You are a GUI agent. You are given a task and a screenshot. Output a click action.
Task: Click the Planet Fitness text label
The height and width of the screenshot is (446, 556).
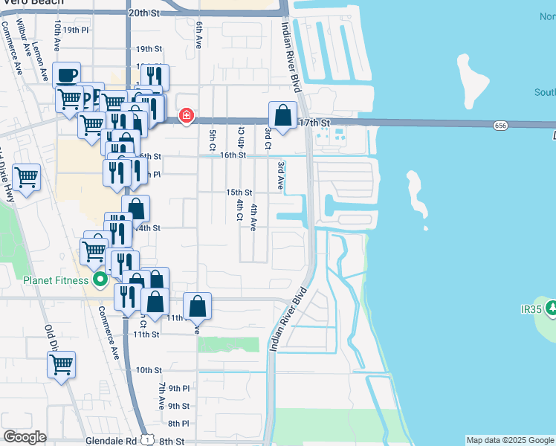[x=55, y=280]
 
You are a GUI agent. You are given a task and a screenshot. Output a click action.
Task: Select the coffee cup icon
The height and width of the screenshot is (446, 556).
[x=67, y=75]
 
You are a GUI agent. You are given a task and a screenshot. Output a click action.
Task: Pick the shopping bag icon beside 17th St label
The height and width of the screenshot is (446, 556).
[x=282, y=115]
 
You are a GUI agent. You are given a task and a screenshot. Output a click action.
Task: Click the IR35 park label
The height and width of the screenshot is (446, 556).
[x=532, y=307]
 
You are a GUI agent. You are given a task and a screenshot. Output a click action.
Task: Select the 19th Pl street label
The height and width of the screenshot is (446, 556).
[x=75, y=30]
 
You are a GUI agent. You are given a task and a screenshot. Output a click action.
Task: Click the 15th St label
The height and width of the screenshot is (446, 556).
[x=239, y=193]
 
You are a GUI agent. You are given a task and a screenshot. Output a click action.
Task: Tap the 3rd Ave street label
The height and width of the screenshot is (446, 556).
[x=281, y=175]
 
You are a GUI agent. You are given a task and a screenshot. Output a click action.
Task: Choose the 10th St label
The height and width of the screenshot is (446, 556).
[x=149, y=369]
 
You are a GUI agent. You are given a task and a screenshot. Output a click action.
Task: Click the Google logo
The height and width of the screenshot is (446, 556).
[x=25, y=437]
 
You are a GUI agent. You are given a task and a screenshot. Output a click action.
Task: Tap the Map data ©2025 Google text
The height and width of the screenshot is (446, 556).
[x=509, y=440]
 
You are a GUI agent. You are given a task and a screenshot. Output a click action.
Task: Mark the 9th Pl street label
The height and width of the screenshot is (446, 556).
[x=179, y=388]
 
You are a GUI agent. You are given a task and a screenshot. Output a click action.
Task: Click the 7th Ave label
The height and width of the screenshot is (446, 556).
[x=161, y=397]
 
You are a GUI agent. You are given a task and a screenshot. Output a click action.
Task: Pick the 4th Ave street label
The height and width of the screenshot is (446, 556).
[x=253, y=217]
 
